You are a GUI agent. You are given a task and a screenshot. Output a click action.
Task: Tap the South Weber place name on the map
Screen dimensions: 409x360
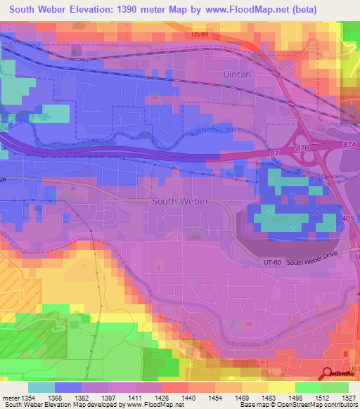(180, 201)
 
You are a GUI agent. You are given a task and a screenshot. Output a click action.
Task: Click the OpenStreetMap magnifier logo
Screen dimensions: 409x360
(327, 373)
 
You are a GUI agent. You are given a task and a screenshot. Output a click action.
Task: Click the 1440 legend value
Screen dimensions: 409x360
(187, 398)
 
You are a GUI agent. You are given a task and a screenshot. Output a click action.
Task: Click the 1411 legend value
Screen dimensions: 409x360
(136, 398)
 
